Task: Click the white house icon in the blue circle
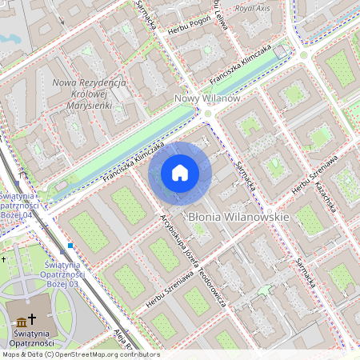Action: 180,172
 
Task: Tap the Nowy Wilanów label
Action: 207,98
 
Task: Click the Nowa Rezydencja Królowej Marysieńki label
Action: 88,94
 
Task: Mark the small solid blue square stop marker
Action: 70,245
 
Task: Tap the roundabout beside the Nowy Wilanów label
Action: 207,114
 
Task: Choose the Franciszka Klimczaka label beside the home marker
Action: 133,164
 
